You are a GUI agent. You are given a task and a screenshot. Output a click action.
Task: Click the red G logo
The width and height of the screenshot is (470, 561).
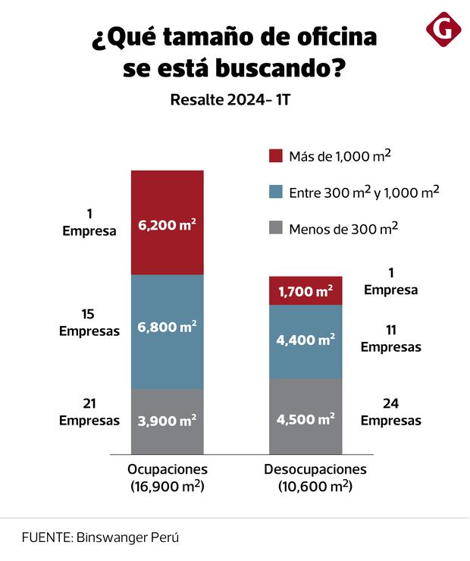click(x=443, y=30)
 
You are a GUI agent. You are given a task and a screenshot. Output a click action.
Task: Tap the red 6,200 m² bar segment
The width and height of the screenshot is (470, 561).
click(x=167, y=223)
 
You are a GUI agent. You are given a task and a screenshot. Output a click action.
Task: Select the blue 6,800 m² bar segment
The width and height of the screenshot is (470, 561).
click(x=167, y=331)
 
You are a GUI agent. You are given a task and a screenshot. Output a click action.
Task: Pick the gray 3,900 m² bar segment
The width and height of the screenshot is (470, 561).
click(x=167, y=421)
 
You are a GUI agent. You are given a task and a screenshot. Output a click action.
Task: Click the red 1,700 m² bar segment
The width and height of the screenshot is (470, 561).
click(x=305, y=290)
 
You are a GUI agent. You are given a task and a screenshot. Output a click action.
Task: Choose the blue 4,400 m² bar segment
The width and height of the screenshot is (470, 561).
click(x=305, y=340)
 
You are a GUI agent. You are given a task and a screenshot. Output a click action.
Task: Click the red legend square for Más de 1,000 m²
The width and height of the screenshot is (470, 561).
click(x=276, y=156)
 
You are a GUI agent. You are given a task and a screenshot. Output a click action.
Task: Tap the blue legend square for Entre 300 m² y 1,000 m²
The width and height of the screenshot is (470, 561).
click(x=276, y=193)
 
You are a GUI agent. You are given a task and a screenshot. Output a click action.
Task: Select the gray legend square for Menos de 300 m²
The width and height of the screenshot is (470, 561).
click(x=276, y=228)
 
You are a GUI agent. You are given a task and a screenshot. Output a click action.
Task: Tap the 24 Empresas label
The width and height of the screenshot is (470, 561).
click(x=390, y=412)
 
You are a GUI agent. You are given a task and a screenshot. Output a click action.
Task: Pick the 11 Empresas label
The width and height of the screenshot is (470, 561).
click(x=390, y=338)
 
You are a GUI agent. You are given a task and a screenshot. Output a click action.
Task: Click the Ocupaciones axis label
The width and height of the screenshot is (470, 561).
click(x=167, y=469)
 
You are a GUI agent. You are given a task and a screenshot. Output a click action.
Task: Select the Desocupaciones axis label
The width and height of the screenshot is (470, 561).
click(x=315, y=469)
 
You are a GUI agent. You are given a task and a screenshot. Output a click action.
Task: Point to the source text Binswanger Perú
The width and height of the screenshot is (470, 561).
click(x=127, y=537)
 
